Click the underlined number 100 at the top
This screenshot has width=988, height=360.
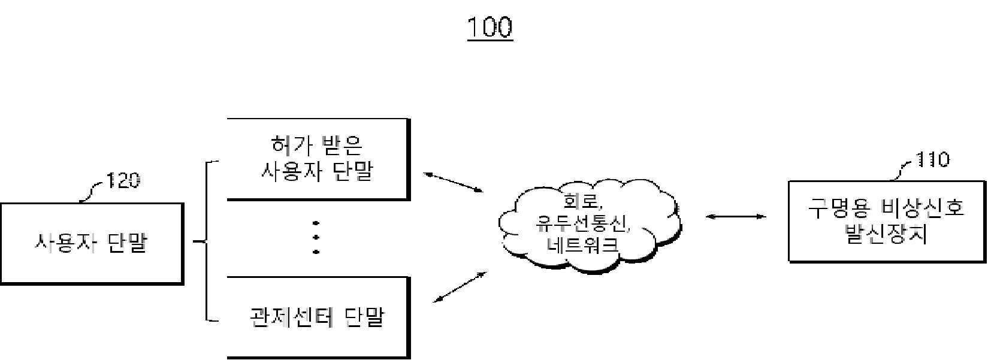(490, 28)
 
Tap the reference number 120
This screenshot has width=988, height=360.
(123, 180)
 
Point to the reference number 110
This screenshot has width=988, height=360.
(933, 159)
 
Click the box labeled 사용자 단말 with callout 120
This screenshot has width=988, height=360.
(92, 244)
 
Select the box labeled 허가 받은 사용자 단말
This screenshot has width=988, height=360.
(319, 159)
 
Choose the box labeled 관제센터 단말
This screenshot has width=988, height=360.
(319, 317)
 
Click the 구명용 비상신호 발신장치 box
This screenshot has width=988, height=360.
(887, 222)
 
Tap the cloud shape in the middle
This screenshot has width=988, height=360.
(590, 225)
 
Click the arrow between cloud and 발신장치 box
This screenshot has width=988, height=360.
(736, 216)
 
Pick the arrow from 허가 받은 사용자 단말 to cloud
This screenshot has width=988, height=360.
(454, 182)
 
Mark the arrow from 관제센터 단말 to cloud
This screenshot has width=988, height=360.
(460, 287)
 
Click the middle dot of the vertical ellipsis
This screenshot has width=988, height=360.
(316, 237)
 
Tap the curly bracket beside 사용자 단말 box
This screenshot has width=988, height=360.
(207, 241)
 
